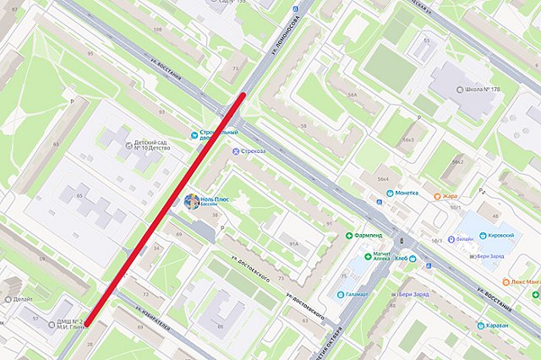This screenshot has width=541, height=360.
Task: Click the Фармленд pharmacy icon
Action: click(349, 234)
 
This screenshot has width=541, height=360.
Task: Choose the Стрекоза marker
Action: click(236, 151)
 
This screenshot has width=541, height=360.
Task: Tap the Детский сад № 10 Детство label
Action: click(152, 147)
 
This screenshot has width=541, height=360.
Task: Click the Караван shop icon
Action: click(480, 325)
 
